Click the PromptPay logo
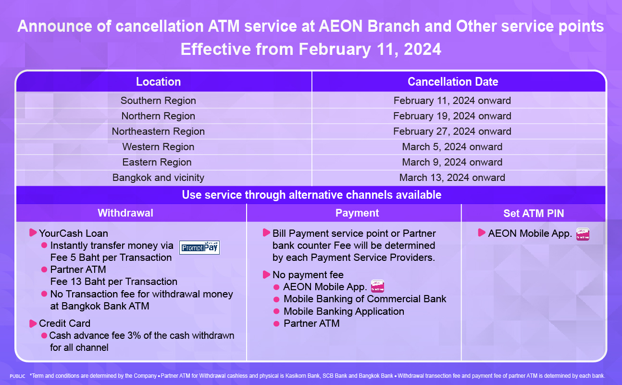[x=199, y=247]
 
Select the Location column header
[x=158, y=82]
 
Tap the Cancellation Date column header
[x=453, y=82]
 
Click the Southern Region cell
[x=158, y=101]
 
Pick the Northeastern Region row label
[x=158, y=131]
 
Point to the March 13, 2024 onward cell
[x=452, y=178]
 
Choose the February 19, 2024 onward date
[x=452, y=116]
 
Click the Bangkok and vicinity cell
[x=158, y=178]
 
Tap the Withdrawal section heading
[x=125, y=213]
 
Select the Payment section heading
[x=357, y=213]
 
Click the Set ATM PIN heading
[x=534, y=213]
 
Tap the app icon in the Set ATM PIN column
[x=583, y=234]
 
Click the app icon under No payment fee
[x=378, y=286]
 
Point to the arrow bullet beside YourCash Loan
[x=33, y=232]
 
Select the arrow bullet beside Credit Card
[x=33, y=323]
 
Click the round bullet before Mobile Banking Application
[x=276, y=311]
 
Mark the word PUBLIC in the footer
[x=17, y=376]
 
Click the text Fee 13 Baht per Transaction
[x=114, y=282]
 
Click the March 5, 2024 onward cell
[x=452, y=147]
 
